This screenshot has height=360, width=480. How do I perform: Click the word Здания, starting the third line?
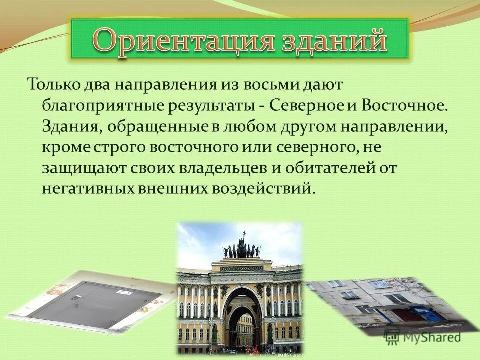coord(71,126)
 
